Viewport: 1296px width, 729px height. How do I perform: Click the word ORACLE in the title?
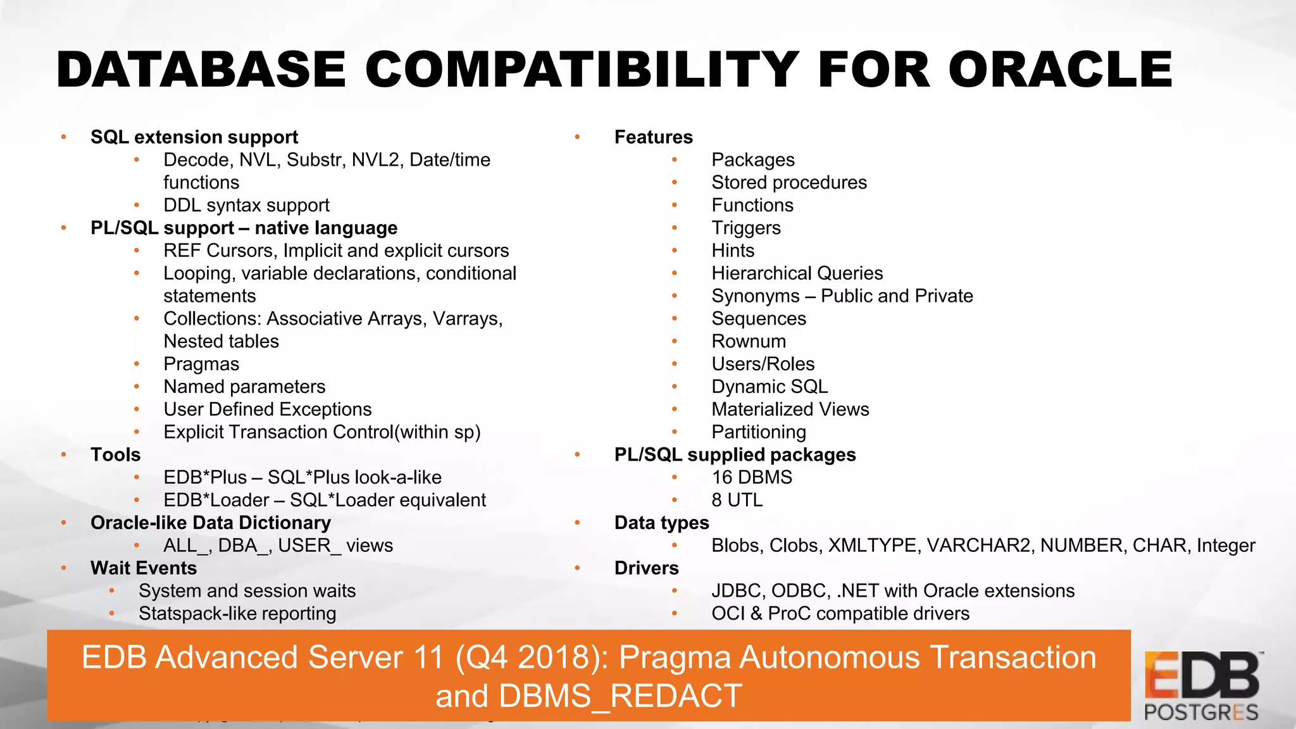(x=1060, y=70)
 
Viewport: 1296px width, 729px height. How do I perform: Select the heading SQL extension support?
(x=194, y=137)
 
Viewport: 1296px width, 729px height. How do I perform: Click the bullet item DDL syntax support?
(x=246, y=206)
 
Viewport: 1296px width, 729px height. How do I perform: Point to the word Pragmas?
(x=201, y=364)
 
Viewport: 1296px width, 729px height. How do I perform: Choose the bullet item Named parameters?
(x=244, y=387)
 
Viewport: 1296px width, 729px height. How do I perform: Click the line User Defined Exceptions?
(x=267, y=409)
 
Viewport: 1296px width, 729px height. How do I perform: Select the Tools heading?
(x=115, y=455)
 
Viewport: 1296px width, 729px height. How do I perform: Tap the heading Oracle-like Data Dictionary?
(x=210, y=523)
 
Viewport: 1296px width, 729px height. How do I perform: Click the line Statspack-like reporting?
(x=237, y=614)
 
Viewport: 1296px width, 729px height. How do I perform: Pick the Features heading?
(x=653, y=137)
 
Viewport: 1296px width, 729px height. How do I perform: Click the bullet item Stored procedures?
(x=788, y=183)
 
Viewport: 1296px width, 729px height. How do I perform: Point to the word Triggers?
(x=745, y=228)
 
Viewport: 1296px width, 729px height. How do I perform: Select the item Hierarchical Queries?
(x=797, y=273)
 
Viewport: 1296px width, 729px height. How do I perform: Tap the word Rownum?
(x=748, y=342)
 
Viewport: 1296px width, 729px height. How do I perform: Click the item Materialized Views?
(x=790, y=409)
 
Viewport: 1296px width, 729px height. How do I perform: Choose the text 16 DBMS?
(x=751, y=478)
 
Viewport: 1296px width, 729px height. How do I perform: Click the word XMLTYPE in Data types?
(x=873, y=545)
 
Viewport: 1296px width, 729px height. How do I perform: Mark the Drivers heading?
(x=646, y=568)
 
